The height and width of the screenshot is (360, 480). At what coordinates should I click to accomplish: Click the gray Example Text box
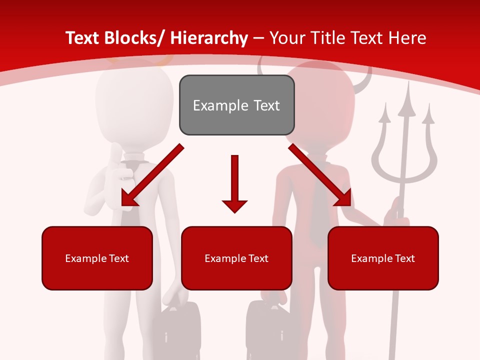(x=236, y=105)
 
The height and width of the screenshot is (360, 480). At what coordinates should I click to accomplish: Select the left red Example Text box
(x=97, y=258)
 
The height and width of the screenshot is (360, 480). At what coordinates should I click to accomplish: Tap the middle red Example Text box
(x=236, y=258)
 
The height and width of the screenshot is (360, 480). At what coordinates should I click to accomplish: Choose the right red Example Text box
(x=383, y=258)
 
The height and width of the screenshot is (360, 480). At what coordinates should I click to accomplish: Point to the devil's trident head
(x=405, y=135)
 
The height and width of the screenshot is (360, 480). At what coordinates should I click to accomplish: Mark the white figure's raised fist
(x=120, y=165)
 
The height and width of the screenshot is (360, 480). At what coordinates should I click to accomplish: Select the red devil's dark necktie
(x=316, y=200)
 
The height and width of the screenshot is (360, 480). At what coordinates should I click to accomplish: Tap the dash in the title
(x=258, y=38)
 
